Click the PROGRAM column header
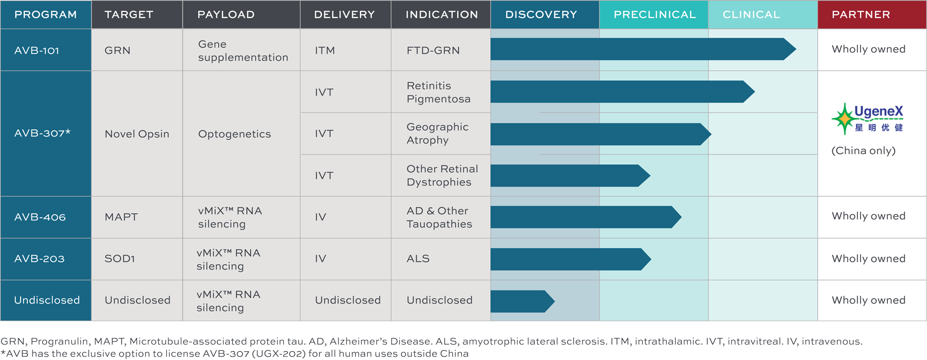pyautogui.click(x=46, y=14)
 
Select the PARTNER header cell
pyautogui.click(x=872, y=14)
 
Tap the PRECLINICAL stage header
pyautogui.click(x=654, y=14)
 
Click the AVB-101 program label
pyautogui.click(x=37, y=50)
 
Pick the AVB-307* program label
pyautogui.click(x=42, y=133)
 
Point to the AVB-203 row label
pyautogui.click(x=39, y=259)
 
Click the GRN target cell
pyautogui.click(x=117, y=50)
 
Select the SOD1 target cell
pyautogui.click(x=119, y=259)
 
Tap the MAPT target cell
pyautogui.click(x=121, y=217)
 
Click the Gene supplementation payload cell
pyautogui.click(x=243, y=50)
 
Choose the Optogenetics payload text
pyautogui.click(x=234, y=134)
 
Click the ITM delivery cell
pyautogui.click(x=325, y=50)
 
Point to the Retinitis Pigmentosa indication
pyautogui.click(x=438, y=92)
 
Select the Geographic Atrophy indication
pyautogui.click(x=437, y=133)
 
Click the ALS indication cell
pyautogui.click(x=418, y=259)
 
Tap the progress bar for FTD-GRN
pyautogui.click(x=643, y=49)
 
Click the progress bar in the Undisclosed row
pyautogui.click(x=523, y=301)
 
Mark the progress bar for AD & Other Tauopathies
pyautogui.click(x=586, y=217)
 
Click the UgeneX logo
pyautogui.click(x=868, y=118)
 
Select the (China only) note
pyautogui.click(x=864, y=151)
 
